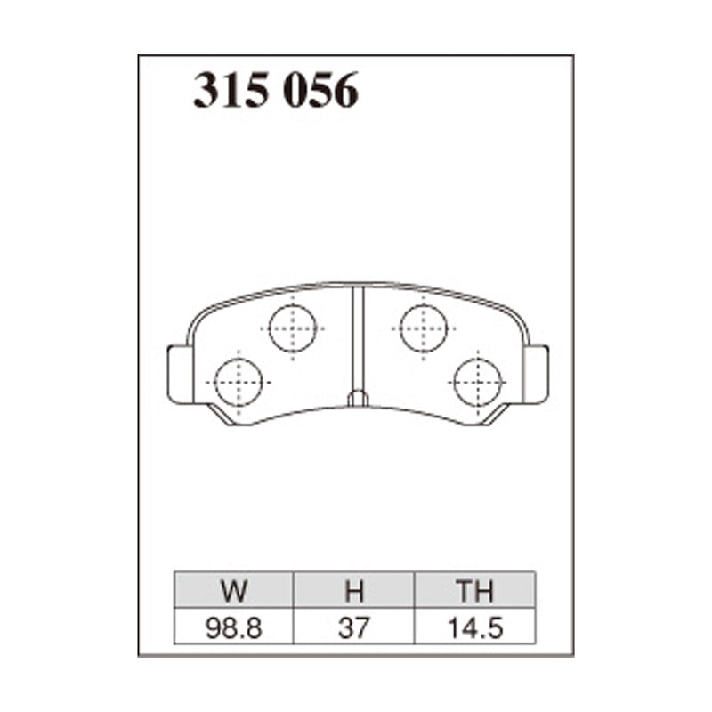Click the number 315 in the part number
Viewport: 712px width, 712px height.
coord(232,91)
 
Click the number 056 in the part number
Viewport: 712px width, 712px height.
coord(320,91)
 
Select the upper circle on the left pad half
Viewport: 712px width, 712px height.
coord(293,328)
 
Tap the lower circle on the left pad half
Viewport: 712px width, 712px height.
coord(239,383)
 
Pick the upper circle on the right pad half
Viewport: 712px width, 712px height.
coord(423,328)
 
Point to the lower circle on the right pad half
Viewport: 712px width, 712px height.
coord(477,383)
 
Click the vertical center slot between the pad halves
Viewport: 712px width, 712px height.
coord(358,338)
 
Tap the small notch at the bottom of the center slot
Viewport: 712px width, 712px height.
coord(358,399)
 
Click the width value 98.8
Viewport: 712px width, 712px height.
coord(234,627)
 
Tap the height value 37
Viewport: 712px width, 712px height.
coord(353,627)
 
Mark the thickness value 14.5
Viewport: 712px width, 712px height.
coord(474,627)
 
